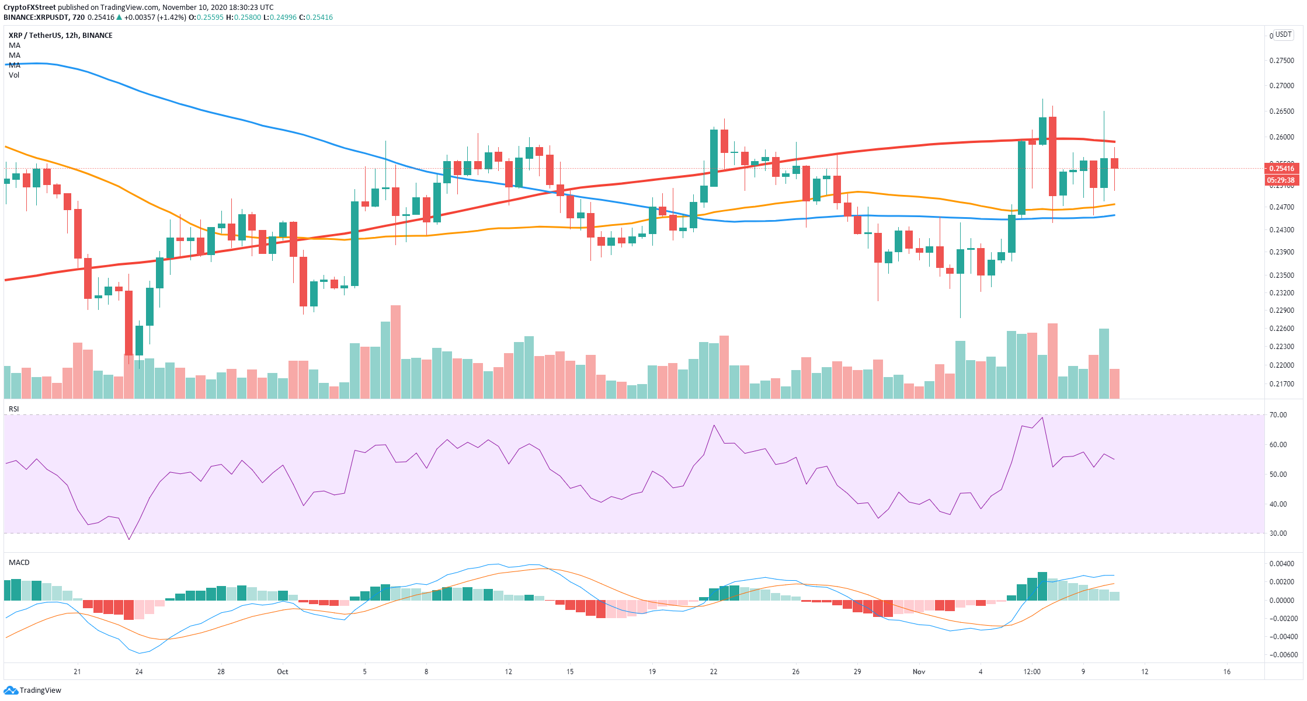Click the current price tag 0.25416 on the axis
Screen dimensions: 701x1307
1281,168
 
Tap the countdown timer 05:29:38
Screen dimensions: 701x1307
1281,180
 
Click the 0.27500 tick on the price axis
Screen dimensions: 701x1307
1281,61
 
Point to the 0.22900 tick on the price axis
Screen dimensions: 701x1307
1281,311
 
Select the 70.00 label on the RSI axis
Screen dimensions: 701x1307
1278,415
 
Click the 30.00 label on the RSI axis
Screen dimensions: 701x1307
1278,533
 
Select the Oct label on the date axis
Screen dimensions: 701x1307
283,672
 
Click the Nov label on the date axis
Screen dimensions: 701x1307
919,672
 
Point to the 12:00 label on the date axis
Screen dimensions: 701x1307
1032,672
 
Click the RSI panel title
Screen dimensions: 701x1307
14,409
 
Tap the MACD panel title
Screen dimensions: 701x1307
19,563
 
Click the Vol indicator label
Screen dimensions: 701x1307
14,75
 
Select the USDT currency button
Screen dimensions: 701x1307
1283,35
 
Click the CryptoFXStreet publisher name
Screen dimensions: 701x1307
29,8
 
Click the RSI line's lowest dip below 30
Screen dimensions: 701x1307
129,539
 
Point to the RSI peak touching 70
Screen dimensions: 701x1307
1042,417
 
